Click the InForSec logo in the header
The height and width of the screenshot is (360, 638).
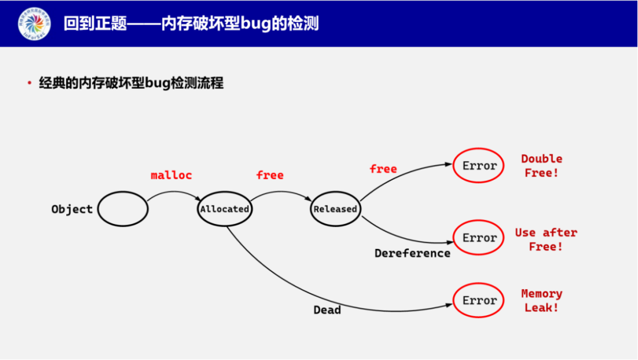point(34,24)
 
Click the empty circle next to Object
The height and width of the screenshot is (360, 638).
point(123,209)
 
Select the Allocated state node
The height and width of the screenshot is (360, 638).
point(224,209)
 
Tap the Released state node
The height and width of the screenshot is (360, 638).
point(335,209)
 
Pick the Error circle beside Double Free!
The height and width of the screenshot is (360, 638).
point(479,166)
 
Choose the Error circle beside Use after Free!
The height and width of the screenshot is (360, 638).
point(479,238)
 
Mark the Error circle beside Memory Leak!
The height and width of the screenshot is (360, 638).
point(479,301)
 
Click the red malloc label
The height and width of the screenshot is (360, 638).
point(171,176)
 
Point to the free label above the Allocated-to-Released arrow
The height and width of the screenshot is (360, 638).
point(270,176)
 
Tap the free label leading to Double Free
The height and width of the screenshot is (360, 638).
point(383,169)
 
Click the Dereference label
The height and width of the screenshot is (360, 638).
point(412,254)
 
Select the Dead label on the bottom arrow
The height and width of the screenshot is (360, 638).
point(327,310)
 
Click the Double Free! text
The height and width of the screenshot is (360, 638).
point(542,166)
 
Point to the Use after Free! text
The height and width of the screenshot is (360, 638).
point(546,239)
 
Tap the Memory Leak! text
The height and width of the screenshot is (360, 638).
point(542,301)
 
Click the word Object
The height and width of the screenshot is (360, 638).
point(72,209)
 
